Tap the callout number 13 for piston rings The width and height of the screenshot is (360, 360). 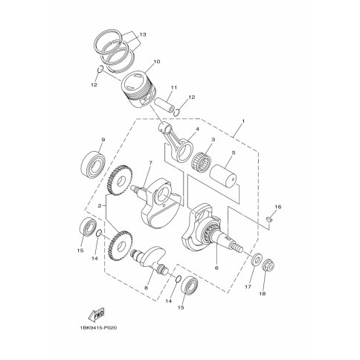coord(142,34)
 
